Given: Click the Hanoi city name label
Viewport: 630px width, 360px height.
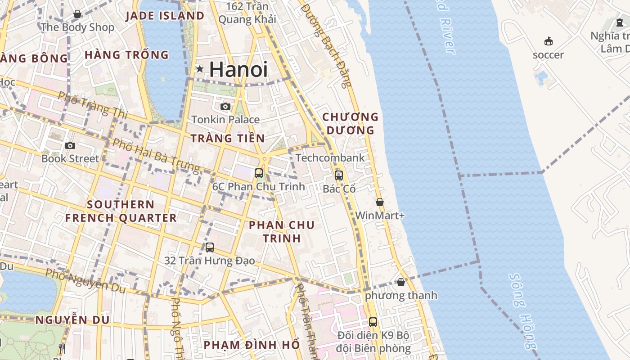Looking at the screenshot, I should [x=238, y=69].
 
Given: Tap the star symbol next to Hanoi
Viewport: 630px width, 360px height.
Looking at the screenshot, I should [x=200, y=69].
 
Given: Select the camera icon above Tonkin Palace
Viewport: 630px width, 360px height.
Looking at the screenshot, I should [x=225, y=106].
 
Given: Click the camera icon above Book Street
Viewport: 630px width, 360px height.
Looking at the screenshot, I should [x=70, y=145].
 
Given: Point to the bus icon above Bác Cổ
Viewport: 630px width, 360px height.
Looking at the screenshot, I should [x=339, y=175].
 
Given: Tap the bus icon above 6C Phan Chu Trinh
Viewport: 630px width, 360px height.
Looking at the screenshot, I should [x=259, y=173].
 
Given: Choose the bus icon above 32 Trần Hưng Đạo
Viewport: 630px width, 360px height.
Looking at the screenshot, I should [x=210, y=247].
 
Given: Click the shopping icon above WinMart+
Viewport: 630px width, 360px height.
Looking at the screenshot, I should [x=380, y=202].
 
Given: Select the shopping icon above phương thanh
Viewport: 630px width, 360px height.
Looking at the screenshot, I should [x=401, y=282].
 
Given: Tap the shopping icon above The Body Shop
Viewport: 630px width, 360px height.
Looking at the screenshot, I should [x=77, y=14].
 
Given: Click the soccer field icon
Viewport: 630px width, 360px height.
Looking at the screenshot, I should [x=548, y=41].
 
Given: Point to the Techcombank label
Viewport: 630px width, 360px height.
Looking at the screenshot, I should [x=330, y=158].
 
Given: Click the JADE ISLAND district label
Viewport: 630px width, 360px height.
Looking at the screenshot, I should [x=165, y=16].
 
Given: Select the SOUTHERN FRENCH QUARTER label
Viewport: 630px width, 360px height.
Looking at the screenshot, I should [x=121, y=211].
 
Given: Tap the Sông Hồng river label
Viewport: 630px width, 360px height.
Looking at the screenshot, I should [x=523, y=310].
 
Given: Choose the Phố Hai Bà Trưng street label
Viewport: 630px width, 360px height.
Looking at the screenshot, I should [x=156, y=156].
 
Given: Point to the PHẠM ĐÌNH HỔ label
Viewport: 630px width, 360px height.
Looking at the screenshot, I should [x=252, y=345].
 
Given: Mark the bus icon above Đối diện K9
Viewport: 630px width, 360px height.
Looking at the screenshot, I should [x=373, y=322].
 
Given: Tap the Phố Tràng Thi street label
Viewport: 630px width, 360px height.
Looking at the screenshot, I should [x=93, y=105].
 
